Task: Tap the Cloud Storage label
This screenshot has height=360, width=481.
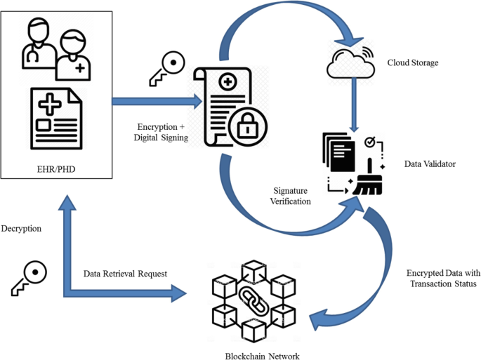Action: [x=413, y=63]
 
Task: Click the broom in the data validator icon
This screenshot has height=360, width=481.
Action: [x=364, y=180]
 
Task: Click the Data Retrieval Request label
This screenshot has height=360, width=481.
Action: [x=125, y=274]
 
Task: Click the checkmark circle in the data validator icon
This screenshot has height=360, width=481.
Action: [x=369, y=144]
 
